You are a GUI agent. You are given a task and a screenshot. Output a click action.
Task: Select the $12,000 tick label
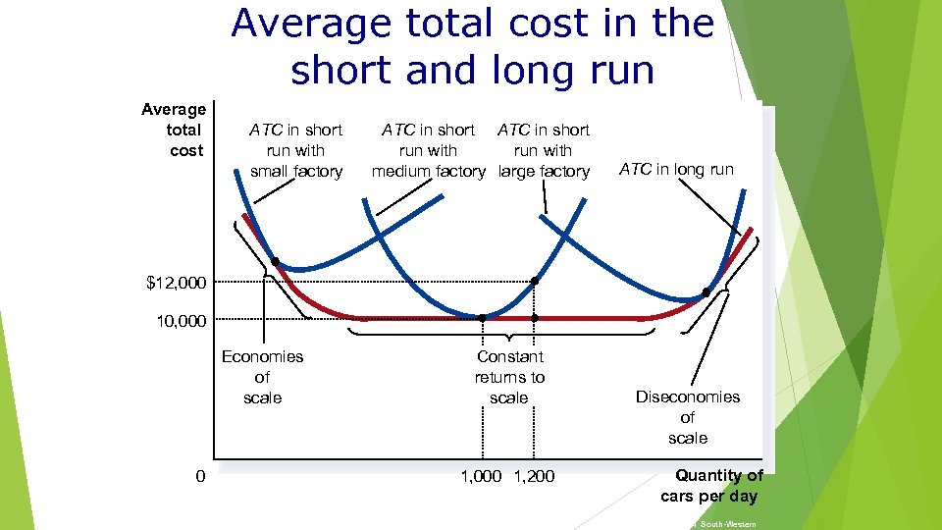tap(177, 284)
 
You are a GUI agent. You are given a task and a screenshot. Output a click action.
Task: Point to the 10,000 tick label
tap(182, 321)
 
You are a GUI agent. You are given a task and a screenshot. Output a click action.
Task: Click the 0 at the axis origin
tap(200, 477)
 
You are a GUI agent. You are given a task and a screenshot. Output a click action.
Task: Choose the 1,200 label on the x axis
tap(535, 477)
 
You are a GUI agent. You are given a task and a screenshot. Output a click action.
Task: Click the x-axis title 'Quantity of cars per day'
tap(712, 486)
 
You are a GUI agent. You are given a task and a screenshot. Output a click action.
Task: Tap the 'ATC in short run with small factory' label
tap(295, 150)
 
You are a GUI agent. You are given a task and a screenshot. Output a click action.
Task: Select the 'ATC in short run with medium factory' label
tap(428, 150)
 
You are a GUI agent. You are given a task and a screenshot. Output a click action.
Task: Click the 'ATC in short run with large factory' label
tap(544, 150)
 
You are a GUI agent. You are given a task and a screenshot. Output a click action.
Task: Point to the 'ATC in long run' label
tap(676, 169)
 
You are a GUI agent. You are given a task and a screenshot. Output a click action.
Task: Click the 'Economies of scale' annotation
tap(262, 377)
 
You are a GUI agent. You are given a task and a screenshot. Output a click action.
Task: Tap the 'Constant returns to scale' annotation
tap(509, 377)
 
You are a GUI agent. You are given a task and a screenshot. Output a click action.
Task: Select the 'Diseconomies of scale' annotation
tap(687, 417)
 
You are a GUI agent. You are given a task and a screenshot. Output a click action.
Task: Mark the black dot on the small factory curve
tap(276, 262)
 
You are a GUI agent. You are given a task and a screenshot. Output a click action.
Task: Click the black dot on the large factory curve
tap(706, 292)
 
